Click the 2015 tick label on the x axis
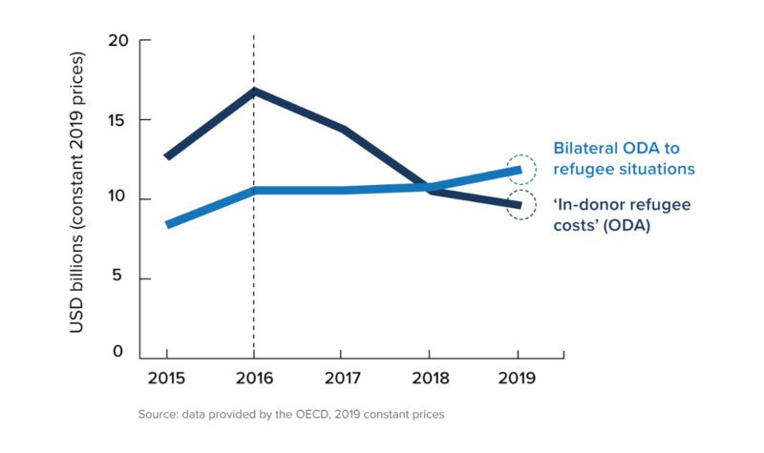[166, 377]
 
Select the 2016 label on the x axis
[254, 377]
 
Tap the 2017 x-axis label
[342, 377]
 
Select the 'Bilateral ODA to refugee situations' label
[623, 159]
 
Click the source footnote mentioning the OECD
[291, 414]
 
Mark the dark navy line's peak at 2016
[254, 92]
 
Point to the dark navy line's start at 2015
[167, 156]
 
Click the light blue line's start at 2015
[167, 225]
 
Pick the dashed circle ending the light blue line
[520, 169]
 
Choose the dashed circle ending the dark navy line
[520, 206]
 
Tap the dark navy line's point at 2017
[342, 129]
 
